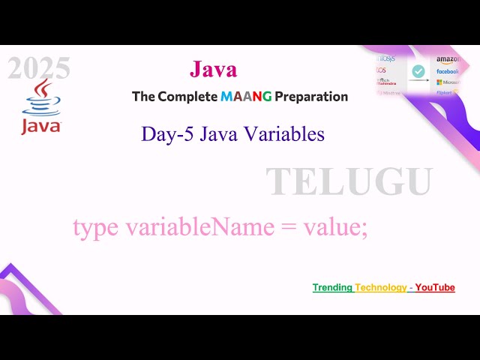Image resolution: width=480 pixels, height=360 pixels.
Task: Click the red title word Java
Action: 214,70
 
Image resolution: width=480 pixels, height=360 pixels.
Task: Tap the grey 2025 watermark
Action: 39,69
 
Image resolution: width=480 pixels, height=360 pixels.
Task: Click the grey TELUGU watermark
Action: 349,182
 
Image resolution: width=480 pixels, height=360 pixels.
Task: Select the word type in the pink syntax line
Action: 96,227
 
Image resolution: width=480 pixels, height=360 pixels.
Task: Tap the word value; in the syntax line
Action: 335,227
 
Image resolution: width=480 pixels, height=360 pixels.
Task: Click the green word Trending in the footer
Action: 332,288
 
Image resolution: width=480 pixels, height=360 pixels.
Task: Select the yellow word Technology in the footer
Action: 381,288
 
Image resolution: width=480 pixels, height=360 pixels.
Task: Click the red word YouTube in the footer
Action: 435,288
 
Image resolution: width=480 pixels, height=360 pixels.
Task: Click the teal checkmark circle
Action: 418,71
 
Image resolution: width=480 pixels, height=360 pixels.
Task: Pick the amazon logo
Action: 447,58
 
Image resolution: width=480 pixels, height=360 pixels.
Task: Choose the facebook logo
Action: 447,71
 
